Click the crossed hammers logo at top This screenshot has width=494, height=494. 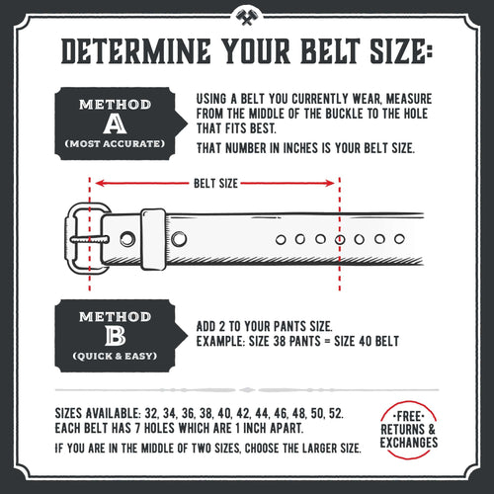[x=246, y=17]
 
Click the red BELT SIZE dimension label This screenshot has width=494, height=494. [x=214, y=183]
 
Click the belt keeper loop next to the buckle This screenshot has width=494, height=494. [x=153, y=238]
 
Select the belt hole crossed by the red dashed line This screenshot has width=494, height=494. [x=340, y=239]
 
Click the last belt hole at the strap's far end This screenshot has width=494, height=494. [x=398, y=239]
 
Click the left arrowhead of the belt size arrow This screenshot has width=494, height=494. [x=98, y=183]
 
